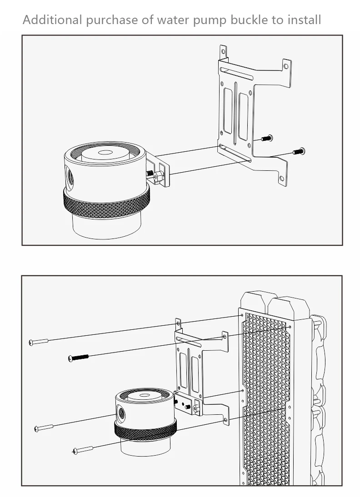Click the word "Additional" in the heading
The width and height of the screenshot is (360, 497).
52,20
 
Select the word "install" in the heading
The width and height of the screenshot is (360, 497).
305,20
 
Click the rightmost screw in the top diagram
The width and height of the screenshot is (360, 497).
299,152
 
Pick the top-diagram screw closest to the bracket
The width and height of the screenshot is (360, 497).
267,138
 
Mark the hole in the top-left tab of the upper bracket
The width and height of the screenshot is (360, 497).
223,51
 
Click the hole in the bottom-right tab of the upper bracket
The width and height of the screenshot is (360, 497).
281,179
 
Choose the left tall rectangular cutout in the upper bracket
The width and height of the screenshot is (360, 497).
228,110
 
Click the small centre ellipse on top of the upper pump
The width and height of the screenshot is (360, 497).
105,153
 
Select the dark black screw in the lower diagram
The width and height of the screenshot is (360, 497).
78,358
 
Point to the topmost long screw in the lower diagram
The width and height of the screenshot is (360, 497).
38,342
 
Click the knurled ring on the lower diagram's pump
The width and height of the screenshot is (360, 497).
145,430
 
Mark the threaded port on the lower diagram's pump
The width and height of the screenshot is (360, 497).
121,413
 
